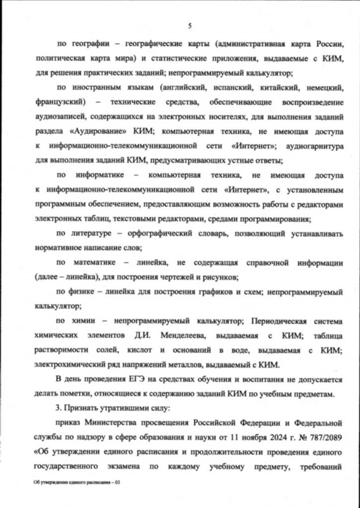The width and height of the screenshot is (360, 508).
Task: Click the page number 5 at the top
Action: pyautogui.click(x=189, y=26)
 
